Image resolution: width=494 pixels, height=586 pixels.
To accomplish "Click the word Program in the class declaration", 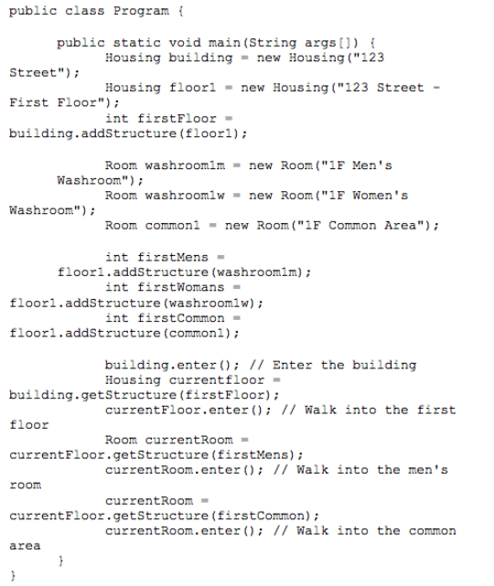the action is point(141,11).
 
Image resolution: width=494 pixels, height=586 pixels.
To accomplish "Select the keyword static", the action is point(136,43).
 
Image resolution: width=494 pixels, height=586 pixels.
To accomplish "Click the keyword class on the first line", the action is point(85,11).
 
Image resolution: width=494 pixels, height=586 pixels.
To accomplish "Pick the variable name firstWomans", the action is point(180,287).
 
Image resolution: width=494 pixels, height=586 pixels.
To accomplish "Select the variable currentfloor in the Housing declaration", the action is point(217,380).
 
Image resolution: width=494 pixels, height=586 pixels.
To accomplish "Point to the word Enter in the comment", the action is point(292,365).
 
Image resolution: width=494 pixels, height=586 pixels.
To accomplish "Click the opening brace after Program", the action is point(180,11).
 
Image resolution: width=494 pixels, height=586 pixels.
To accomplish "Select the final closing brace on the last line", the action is point(14,575).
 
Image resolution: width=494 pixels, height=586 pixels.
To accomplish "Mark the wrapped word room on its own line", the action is point(26,485).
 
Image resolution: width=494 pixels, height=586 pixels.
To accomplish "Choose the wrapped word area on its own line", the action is point(25,546).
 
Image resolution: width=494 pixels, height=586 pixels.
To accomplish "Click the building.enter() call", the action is point(172,365).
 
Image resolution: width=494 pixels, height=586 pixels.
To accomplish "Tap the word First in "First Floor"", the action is point(29,102).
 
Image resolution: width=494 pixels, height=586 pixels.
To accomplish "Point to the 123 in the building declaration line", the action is point(372,58).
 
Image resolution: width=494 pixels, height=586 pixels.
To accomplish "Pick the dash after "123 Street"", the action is point(436,88).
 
